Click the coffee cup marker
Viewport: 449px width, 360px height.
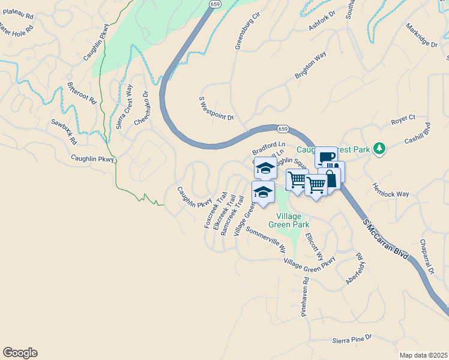pyautogui.click(x=326, y=157)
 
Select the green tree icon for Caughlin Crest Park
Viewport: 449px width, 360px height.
pyautogui.click(x=379, y=148)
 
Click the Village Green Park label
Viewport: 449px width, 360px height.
pyautogui.click(x=292, y=220)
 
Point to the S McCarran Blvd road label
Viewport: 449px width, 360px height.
pyautogui.click(x=390, y=239)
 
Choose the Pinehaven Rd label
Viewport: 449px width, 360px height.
pyautogui.click(x=304, y=296)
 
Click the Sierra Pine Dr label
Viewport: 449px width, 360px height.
pyautogui.click(x=352, y=340)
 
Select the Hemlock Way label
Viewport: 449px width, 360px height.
pyautogui.click(x=390, y=190)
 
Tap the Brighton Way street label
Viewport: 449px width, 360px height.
pyautogui.click(x=310, y=65)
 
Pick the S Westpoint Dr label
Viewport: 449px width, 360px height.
pyautogui.click(x=216, y=109)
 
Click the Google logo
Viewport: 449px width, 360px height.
pyautogui.click(x=20, y=353)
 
